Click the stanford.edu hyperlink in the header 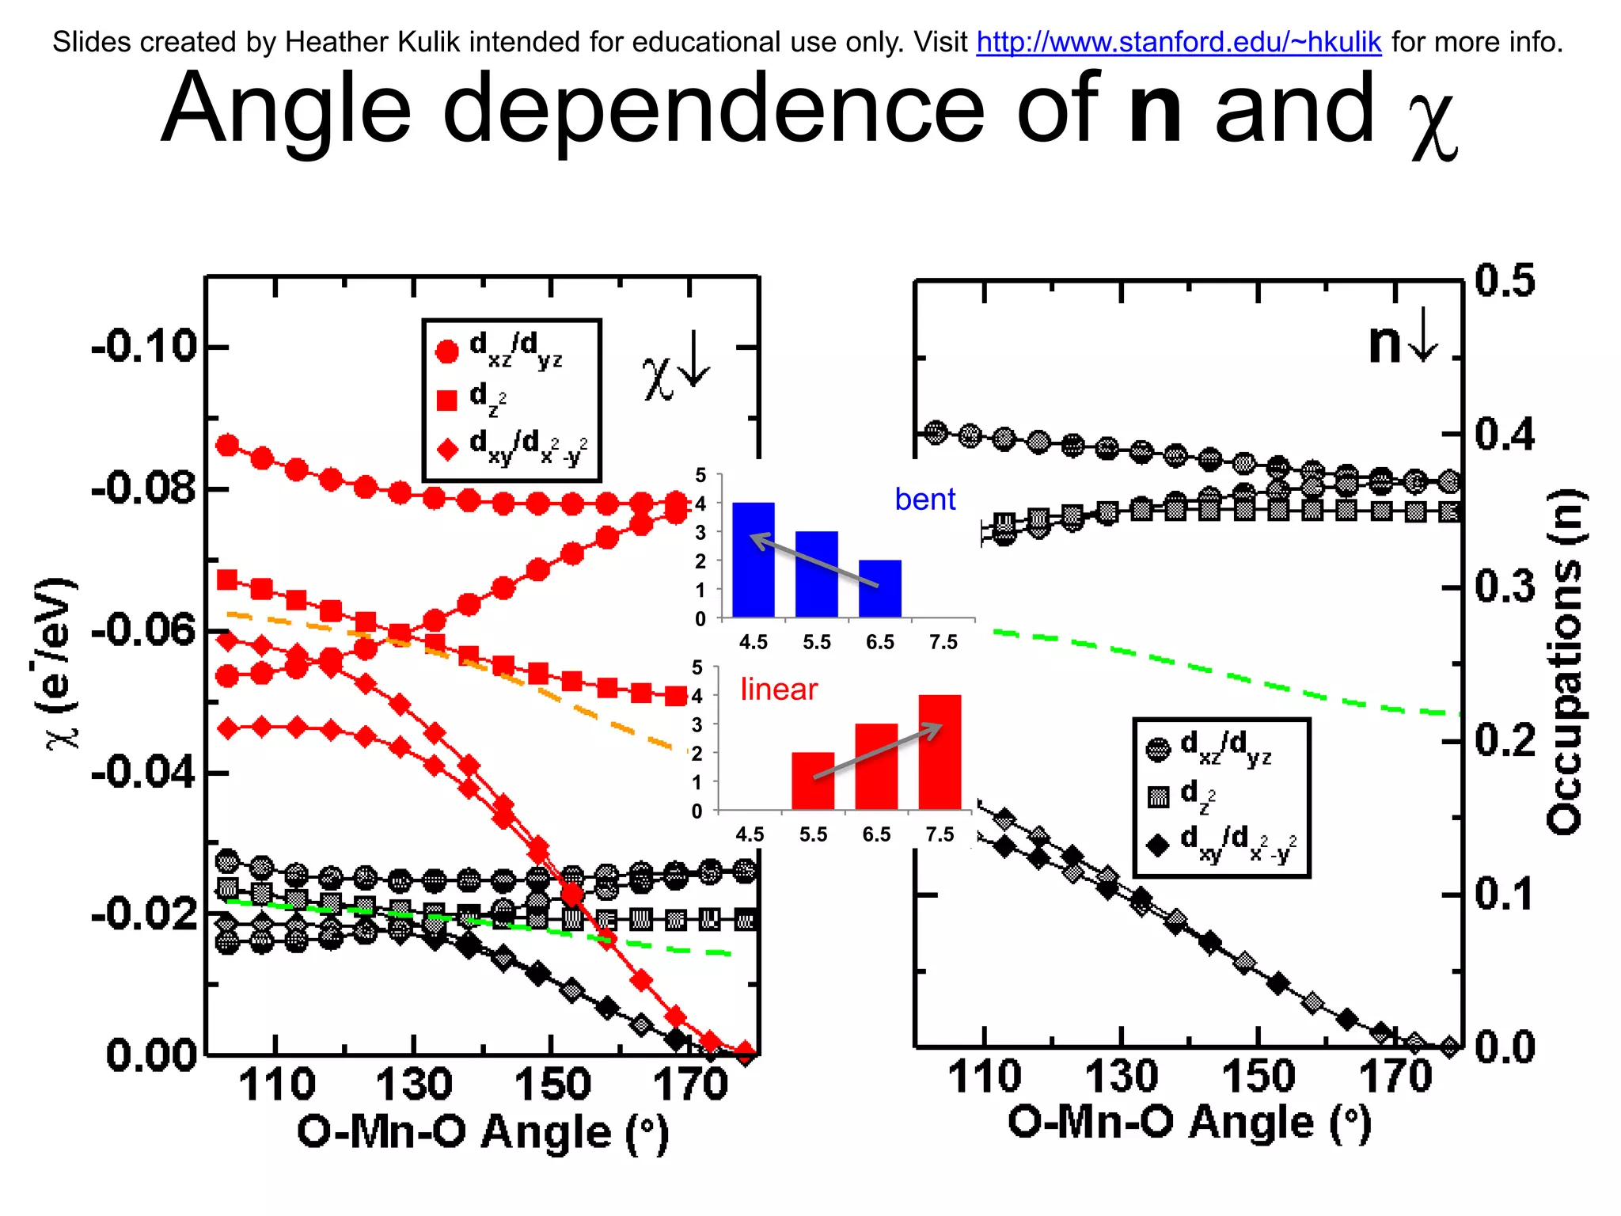1179,42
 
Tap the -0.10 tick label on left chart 144,347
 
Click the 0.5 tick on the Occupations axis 1505,281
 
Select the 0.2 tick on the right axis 1505,741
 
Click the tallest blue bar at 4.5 753,560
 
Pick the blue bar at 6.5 879,589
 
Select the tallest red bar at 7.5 940,752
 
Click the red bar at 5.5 813,781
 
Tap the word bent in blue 924,500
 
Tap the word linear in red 778,690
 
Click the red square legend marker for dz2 447,400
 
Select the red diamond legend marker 448,450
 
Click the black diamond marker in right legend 1158,845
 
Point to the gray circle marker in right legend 1158,749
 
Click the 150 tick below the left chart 552,1085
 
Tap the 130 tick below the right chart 1122,1077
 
